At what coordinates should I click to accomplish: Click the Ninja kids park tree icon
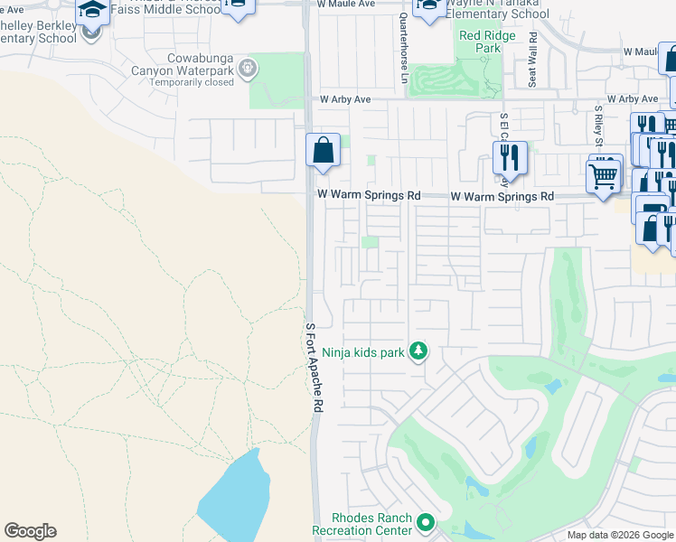pos(418,350)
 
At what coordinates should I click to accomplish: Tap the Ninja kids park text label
pos(366,353)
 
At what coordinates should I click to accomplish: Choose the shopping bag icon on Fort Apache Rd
pos(323,151)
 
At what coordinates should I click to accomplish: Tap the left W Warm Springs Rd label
pos(369,195)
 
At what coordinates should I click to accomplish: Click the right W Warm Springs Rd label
pos(502,196)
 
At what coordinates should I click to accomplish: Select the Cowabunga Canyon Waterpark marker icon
pos(249,68)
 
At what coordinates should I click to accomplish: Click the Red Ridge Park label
pos(480,42)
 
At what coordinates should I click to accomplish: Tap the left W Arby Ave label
pos(344,99)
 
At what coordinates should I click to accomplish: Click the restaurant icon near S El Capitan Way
pos(510,158)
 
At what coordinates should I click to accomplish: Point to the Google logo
pos(30,531)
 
